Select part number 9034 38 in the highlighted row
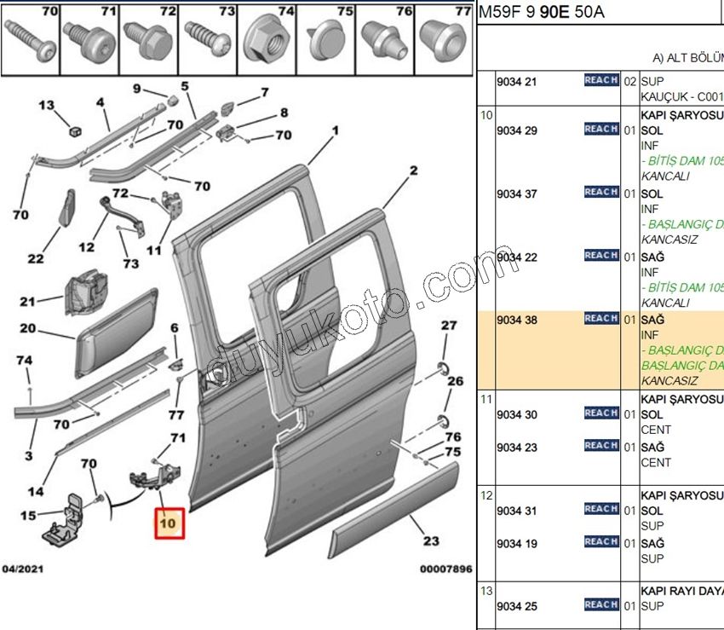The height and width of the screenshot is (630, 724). [519, 319]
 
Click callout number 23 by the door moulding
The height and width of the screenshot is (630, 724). [431, 540]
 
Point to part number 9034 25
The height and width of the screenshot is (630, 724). [519, 605]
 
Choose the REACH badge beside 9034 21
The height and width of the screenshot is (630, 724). [600, 80]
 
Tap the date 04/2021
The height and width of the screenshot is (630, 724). [23, 569]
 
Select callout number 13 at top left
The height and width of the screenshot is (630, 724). [45, 105]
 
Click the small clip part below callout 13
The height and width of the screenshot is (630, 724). [74, 130]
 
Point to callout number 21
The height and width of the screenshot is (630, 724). [28, 301]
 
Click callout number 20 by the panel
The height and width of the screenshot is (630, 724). [28, 328]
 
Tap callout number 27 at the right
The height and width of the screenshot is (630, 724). [449, 325]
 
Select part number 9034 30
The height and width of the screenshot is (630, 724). [519, 414]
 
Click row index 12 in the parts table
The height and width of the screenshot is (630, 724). [486, 495]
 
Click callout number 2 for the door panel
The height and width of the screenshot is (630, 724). [414, 171]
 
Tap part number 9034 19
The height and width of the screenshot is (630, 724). [519, 543]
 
